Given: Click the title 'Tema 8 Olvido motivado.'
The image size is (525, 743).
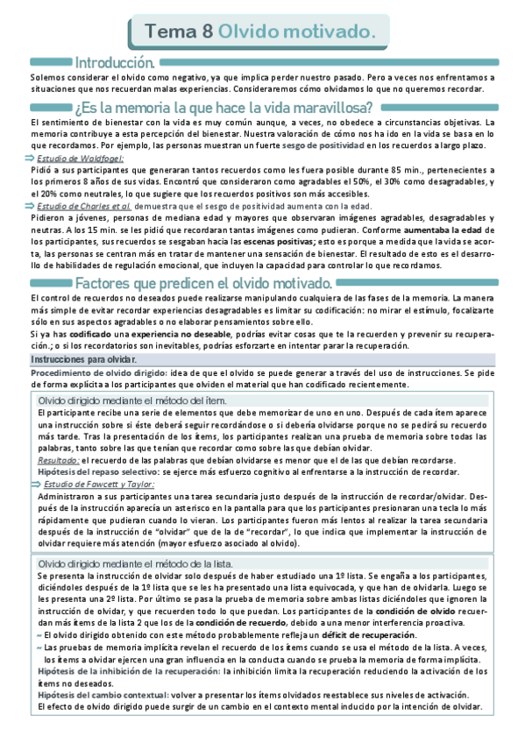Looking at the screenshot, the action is pos(261,32).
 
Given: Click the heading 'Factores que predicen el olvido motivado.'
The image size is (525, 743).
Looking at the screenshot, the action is pos(203,284).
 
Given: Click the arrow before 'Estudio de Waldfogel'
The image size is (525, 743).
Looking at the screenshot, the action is pos(34,158).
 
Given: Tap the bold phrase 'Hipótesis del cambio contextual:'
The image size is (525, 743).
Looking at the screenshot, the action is pos(104,693).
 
